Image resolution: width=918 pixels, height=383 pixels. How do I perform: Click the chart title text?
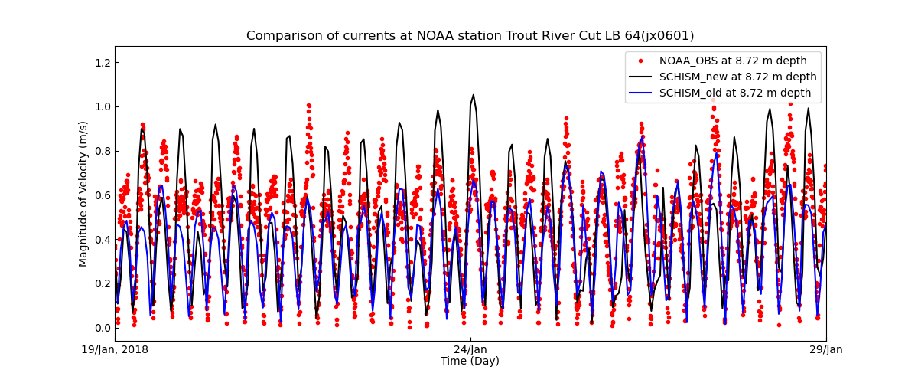[470, 36]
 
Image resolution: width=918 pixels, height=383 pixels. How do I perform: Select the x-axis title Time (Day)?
[470, 362]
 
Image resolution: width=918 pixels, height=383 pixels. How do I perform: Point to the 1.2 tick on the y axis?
[102, 62]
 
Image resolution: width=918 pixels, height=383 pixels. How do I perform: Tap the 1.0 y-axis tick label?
[102, 106]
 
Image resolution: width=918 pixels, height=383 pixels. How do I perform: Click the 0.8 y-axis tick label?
[102, 151]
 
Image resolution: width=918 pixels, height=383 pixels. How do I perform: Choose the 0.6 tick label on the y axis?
[102, 195]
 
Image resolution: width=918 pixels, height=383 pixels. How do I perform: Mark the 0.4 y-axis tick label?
[102, 240]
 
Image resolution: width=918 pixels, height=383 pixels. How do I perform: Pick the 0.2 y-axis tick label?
[102, 283]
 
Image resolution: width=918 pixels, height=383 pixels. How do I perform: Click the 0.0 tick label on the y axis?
[102, 328]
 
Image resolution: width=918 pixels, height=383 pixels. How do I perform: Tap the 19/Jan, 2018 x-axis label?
[116, 350]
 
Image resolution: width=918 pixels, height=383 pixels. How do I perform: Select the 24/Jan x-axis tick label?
[470, 350]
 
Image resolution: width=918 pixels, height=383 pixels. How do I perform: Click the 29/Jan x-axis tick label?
[825, 350]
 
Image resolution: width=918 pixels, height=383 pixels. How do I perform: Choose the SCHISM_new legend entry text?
[737, 77]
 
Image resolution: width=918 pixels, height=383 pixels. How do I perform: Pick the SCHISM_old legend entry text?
[735, 93]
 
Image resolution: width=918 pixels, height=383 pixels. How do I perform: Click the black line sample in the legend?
[640, 77]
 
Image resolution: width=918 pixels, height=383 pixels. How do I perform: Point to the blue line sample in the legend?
[640, 93]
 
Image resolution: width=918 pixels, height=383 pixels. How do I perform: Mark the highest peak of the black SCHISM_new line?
[473, 95]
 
